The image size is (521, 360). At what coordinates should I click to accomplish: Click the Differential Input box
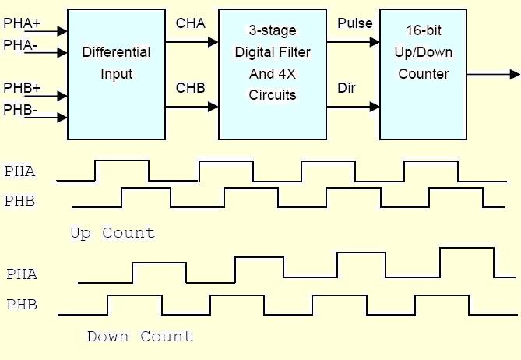(116, 74)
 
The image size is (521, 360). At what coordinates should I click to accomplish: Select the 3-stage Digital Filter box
(272, 74)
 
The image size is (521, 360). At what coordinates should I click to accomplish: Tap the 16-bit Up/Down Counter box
(423, 74)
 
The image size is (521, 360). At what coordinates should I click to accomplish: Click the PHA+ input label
(22, 23)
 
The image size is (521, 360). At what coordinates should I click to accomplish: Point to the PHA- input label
(20, 45)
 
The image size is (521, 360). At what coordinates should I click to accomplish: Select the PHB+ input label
(22, 87)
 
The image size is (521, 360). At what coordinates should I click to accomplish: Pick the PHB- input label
(20, 109)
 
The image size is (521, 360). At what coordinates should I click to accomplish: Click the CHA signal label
(191, 24)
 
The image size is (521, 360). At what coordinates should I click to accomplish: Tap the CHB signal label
(191, 87)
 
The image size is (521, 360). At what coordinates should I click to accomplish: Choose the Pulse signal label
(354, 24)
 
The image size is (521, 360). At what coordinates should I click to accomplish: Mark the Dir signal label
(347, 87)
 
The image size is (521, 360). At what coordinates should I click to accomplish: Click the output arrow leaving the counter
(493, 75)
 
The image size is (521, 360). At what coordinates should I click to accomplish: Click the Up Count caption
(112, 233)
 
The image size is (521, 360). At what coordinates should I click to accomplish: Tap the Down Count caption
(139, 337)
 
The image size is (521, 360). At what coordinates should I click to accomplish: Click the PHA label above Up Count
(19, 171)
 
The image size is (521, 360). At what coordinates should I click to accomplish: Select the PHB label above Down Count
(22, 305)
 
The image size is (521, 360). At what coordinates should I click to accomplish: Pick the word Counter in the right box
(423, 75)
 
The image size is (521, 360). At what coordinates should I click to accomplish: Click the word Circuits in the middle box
(272, 96)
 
